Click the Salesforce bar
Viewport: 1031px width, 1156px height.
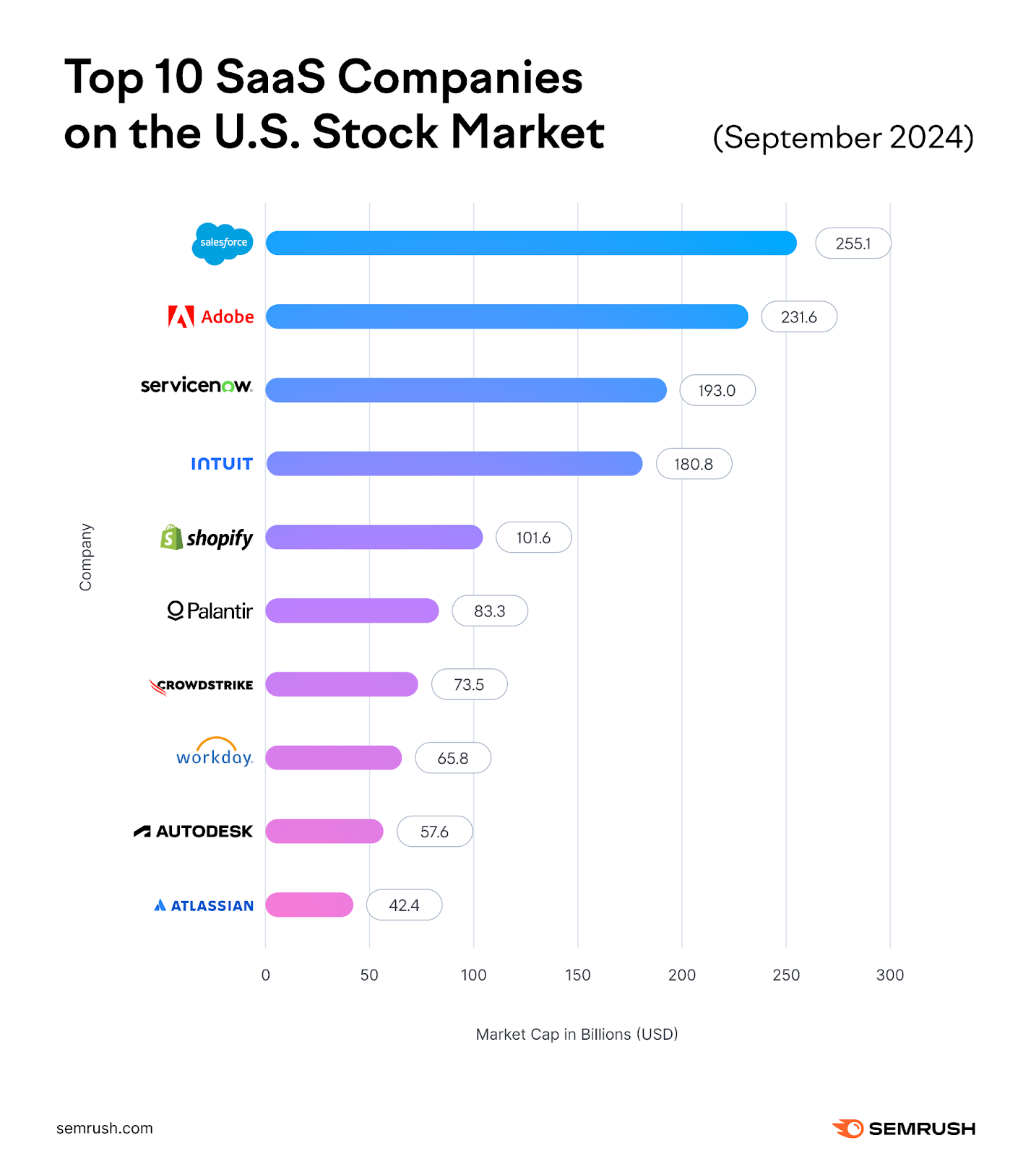pos(531,243)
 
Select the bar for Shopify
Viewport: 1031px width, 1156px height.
pos(374,538)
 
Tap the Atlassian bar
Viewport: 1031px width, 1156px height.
pos(309,905)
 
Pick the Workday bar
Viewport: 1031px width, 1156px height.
pos(333,758)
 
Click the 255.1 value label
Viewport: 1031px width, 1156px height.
pos(853,243)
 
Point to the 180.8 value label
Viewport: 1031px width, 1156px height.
pos(694,464)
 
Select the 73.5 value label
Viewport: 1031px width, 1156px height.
pos(469,684)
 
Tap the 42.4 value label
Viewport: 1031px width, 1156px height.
pos(404,905)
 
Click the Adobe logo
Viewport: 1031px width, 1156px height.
pos(211,316)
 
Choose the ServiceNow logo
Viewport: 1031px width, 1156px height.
pos(197,386)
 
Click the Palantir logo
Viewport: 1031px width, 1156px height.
pos(210,611)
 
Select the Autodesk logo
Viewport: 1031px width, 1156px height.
pos(194,832)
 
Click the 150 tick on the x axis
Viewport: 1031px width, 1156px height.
pos(577,975)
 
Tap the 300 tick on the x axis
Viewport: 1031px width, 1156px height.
pos(889,975)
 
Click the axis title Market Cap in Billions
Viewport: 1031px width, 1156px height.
pos(577,1035)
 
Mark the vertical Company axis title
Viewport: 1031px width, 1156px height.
pos(86,557)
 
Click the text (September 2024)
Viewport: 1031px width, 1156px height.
pos(842,137)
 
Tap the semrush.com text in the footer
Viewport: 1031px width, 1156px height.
pos(105,1129)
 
